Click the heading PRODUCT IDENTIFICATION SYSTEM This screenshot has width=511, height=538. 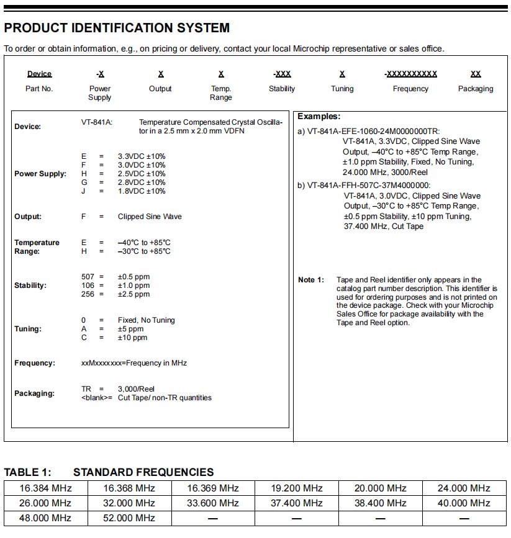click(x=117, y=28)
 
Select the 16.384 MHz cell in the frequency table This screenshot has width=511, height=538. click(x=45, y=488)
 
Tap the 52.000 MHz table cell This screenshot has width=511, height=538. click(x=129, y=518)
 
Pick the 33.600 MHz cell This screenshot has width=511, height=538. click(x=213, y=503)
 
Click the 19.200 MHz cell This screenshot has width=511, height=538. click(x=297, y=488)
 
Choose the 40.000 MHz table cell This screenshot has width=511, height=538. click(x=464, y=503)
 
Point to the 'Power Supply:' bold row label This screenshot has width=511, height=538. click(x=40, y=174)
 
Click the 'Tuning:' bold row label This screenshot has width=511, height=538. click(x=28, y=329)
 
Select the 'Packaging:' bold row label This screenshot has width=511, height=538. click(x=35, y=393)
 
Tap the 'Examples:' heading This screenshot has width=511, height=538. click(x=319, y=117)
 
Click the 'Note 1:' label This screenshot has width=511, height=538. click(x=311, y=280)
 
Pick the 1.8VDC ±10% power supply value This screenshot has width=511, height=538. click(x=142, y=191)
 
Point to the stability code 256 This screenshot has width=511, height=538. click(x=88, y=294)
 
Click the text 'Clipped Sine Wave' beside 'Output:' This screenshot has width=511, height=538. click(x=150, y=217)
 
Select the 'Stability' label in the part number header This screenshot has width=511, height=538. click(x=282, y=89)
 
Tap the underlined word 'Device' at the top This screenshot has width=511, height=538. click(x=40, y=74)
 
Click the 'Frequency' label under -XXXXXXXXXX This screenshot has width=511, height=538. click(x=410, y=89)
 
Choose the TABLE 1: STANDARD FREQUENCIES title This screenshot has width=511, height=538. click(x=109, y=472)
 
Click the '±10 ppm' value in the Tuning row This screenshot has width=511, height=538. click(x=133, y=338)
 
